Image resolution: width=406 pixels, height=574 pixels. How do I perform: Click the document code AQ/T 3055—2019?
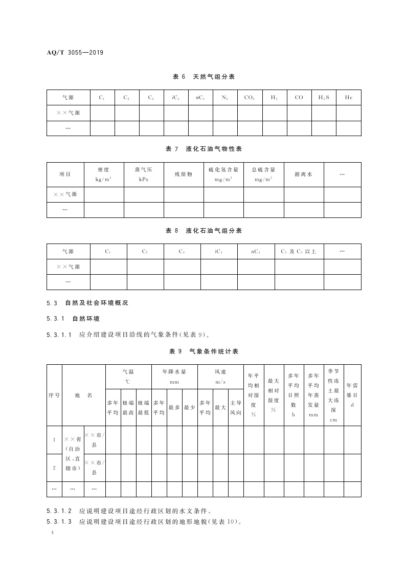(75, 52)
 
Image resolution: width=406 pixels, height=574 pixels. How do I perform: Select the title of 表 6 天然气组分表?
(204, 77)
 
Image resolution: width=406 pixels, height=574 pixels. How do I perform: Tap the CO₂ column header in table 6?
(250, 97)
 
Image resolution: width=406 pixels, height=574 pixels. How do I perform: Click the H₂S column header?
(324, 97)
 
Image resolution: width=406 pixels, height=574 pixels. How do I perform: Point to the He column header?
(348, 97)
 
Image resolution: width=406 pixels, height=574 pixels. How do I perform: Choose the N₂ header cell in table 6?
(225, 97)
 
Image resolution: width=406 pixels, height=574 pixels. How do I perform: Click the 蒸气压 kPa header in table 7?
(143, 174)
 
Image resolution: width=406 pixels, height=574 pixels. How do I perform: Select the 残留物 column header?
(183, 174)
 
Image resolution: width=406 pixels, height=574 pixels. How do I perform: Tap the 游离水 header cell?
(303, 174)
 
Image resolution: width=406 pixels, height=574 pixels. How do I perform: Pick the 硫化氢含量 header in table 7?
(223, 174)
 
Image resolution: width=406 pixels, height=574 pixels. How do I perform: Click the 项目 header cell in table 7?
(65, 174)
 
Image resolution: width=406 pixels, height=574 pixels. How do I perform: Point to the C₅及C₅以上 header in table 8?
(299, 251)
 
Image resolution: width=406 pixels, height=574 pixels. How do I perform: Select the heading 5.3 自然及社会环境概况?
(87, 303)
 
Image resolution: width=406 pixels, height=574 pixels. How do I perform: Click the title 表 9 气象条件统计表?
(204, 351)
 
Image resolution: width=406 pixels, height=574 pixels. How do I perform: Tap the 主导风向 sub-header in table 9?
(236, 408)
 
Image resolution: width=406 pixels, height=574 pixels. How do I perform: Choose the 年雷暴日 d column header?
(352, 395)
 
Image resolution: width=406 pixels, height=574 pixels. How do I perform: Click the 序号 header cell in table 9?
(54, 395)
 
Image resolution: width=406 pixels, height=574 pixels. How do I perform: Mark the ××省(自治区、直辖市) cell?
(73, 453)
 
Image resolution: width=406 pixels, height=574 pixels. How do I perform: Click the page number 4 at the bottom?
(53, 533)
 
